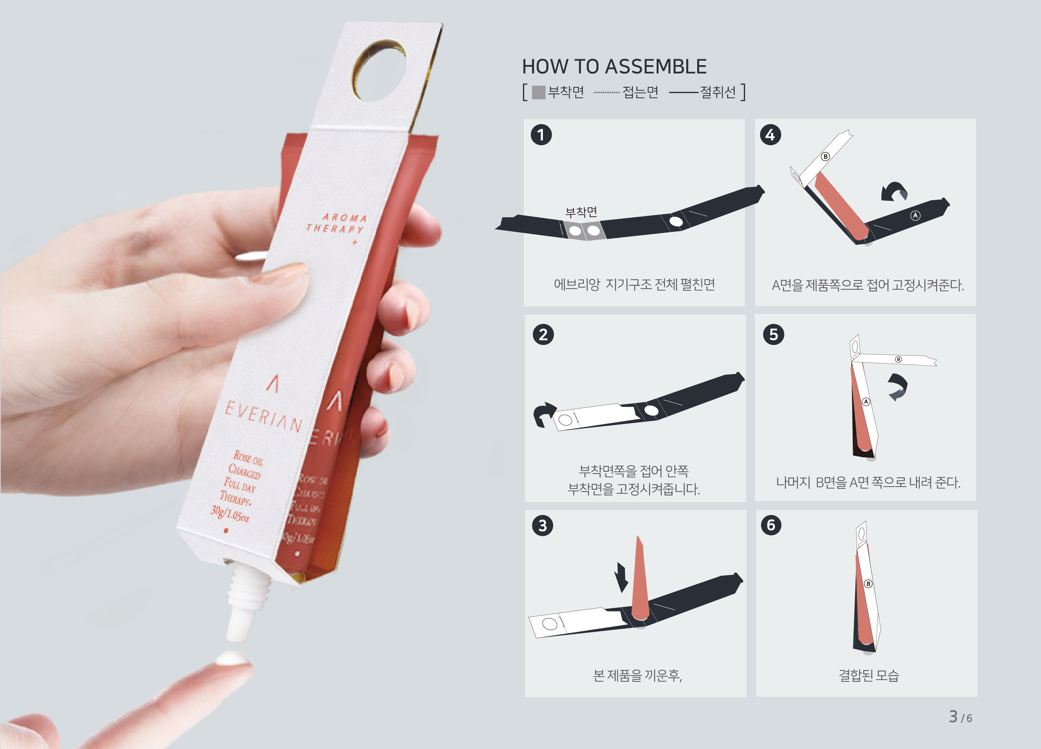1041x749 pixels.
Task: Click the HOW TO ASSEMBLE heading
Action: point(614,67)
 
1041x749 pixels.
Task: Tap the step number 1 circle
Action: point(541,135)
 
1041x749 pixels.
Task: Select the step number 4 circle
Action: point(770,135)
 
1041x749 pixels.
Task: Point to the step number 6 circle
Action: point(771,525)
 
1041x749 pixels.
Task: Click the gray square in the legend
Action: point(538,92)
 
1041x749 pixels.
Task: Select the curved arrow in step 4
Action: point(894,191)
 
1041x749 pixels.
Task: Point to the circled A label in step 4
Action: point(915,216)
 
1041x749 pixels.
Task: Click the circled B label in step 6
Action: point(868,584)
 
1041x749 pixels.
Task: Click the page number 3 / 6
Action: point(960,717)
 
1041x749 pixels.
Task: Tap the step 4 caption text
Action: point(867,285)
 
